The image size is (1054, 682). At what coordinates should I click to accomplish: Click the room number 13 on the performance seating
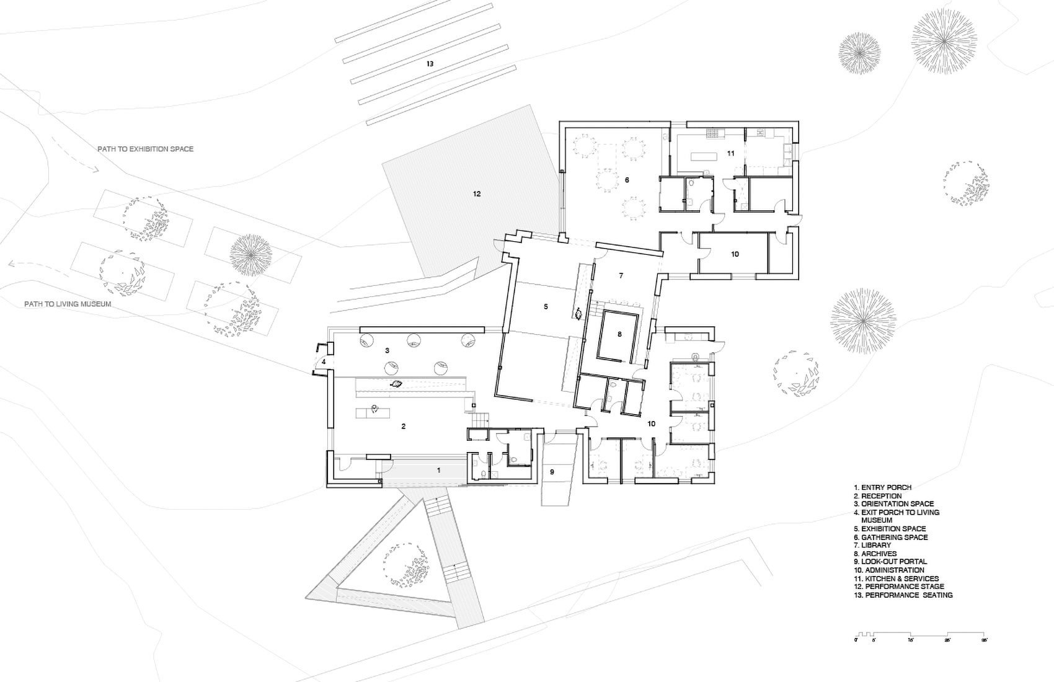[x=429, y=64]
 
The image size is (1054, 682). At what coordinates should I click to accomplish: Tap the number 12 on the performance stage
[x=476, y=194]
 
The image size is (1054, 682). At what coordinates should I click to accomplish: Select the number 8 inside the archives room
[x=619, y=334]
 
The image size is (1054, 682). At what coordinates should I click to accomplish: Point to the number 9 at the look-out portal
[x=552, y=472]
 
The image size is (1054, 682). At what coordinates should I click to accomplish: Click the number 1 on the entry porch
[x=438, y=471]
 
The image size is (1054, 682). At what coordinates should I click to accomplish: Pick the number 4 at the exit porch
[x=324, y=361]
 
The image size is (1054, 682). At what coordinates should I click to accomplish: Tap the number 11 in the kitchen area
[x=731, y=153]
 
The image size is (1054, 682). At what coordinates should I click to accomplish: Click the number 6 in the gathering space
[x=627, y=180]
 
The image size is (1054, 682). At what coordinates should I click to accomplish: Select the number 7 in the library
[x=620, y=275]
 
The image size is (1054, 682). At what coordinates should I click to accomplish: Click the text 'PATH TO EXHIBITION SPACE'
[x=145, y=149]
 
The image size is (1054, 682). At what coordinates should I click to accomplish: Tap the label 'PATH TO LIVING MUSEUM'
[x=68, y=304]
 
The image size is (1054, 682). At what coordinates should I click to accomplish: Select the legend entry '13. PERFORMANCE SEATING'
[x=903, y=595]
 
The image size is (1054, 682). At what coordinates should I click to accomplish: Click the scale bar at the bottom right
[x=921, y=637]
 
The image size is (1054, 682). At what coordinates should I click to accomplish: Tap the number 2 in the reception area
[x=403, y=426]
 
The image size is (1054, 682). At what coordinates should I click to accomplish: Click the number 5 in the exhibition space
[x=546, y=306]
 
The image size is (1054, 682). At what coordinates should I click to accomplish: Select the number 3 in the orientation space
[x=387, y=350]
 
